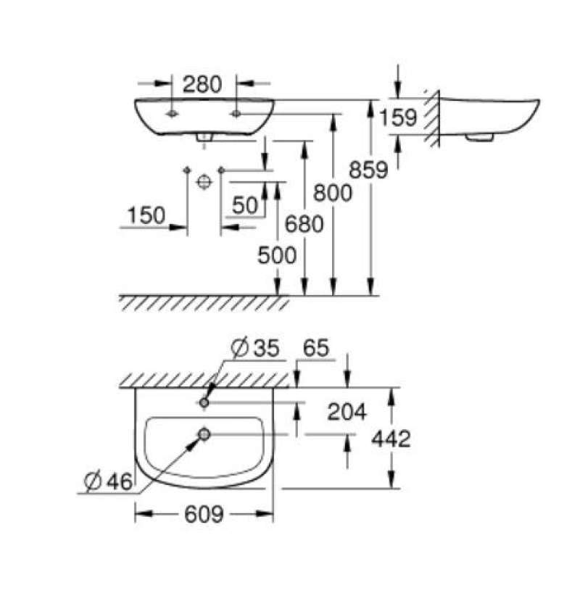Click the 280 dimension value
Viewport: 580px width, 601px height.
[x=202, y=85]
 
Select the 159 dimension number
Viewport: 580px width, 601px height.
[x=398, y=117]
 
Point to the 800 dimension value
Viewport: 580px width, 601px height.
[x=332, y=193]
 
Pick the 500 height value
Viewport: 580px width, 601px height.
[x=276, y=255]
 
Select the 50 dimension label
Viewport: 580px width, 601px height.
[x=245, y=206]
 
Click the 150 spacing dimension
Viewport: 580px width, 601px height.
[x=146, y=215]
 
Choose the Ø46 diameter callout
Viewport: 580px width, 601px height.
[x=108, y=481]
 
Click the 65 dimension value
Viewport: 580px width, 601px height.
[x=313, y=349]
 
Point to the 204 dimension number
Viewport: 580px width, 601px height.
[x=347, y=413]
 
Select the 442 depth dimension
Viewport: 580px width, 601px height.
[x=390, y=439]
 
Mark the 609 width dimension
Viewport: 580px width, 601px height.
[x=204, y=515]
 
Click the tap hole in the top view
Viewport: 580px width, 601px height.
[x=204, y=402]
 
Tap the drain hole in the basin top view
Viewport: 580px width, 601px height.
[x=204, y=434]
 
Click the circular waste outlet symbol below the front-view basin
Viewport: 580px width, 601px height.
[x=204, y=181]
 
